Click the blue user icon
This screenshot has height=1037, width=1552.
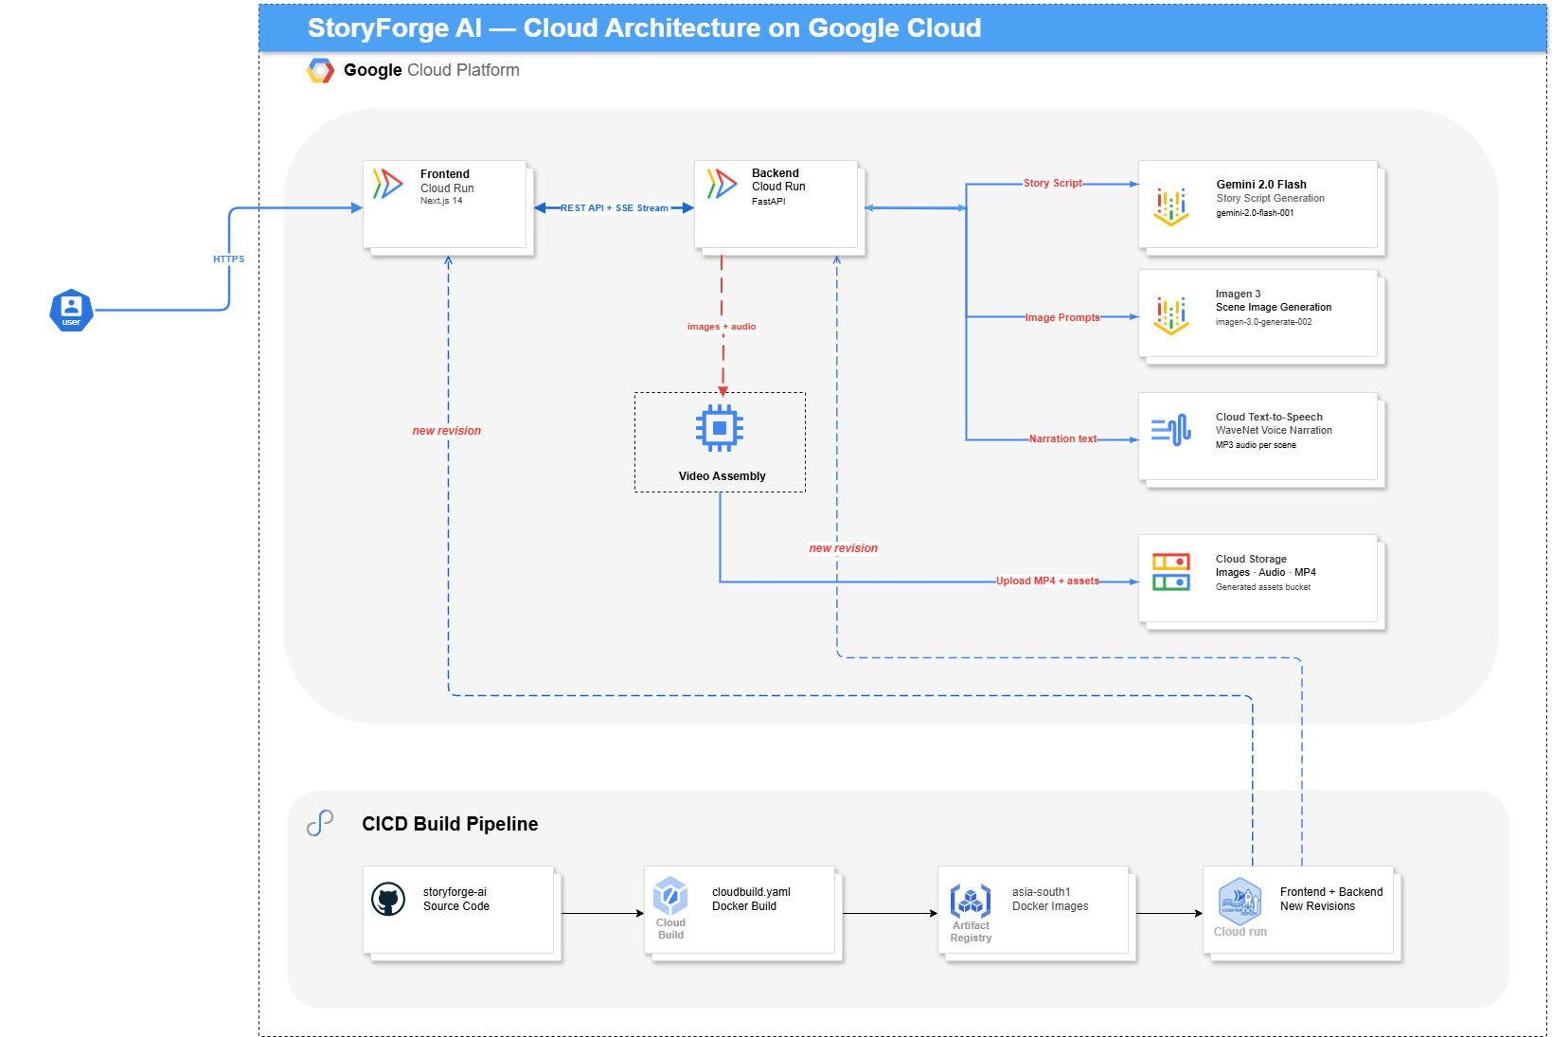pos(71,311)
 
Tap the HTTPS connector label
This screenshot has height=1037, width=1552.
pos(228,259)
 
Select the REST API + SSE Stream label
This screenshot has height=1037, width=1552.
pos(614,207)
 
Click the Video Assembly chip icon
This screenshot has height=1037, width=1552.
pos(720,428)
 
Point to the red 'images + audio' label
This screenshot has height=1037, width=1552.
pos(722,327)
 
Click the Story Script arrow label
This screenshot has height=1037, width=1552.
pos(1052,183)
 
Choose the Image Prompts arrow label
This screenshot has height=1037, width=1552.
pos(1062,317)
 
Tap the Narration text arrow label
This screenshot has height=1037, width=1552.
pos(1062,438)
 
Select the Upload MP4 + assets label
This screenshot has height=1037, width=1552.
pos(1047,581)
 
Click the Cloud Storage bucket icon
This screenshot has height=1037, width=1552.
pos(1171,572)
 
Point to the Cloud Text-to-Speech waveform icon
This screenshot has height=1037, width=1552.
pos(1171,430)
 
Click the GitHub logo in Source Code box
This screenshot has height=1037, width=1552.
pos(388,899)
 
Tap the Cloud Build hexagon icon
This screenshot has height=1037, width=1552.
pos(670,897)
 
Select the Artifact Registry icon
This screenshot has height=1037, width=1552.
pos(970,900)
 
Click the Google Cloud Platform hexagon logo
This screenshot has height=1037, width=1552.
pos(320,70)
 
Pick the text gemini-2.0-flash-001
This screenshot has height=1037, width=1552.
pos(1255,213)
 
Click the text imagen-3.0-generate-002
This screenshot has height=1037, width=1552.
pos(1263,321)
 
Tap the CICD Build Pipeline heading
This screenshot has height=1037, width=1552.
pos(450,824)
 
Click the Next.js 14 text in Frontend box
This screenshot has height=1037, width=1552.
pos(441,201)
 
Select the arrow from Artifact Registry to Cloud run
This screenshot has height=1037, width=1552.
pos(1168,914)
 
